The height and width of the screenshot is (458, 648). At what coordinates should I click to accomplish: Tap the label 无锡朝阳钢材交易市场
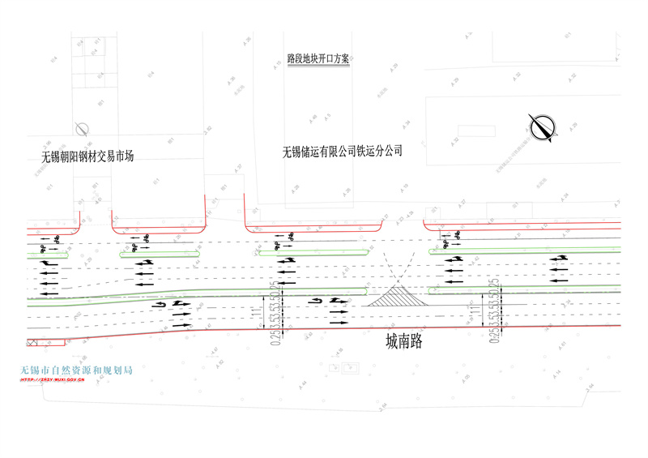pyautogui.click(x=87, y=156)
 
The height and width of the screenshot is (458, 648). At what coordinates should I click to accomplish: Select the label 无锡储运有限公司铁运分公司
pyautogui.click(x=342, y=151)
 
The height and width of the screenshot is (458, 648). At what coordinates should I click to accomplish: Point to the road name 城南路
pyautogui.click(x=404, y=342)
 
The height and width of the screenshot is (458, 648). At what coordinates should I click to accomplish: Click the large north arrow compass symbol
pyautogui.click(x=542, y=126)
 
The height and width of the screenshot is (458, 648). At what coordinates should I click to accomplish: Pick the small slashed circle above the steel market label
pyautogui.click(x=80, y=128)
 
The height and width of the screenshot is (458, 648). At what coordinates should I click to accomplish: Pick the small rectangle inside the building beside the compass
pyautogui.click(x=469, y=129)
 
